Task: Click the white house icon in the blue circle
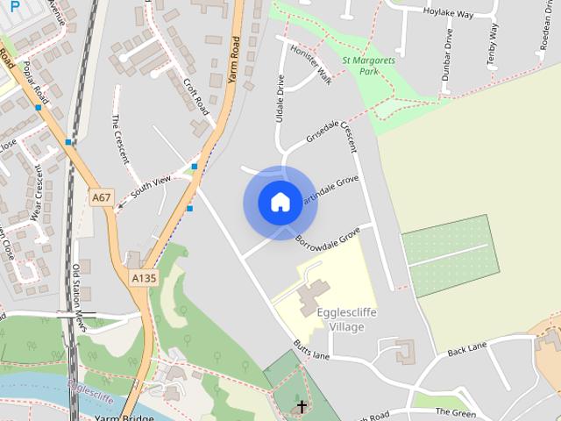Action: pyautogui.click(x=280, y=203)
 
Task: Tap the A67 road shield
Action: pyautogui.click(x=102, y=198)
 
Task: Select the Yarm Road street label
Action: pyautogui.click(x=233, y=61)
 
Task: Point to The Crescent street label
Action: pyautogui.click(x=119, y=139)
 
